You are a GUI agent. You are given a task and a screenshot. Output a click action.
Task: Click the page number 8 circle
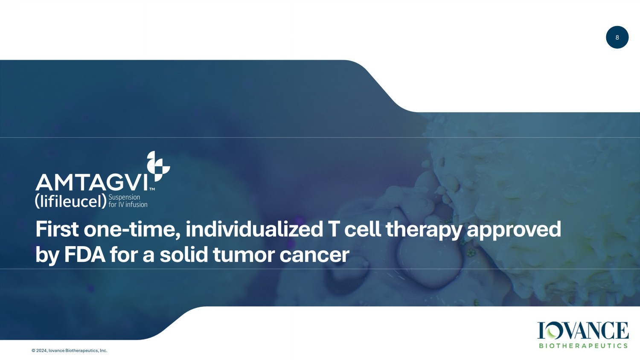tap(617, 38)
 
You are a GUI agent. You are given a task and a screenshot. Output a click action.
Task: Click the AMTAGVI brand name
tap(92, 183)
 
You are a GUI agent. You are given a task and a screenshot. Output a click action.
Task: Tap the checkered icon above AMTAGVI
tap(158, 166)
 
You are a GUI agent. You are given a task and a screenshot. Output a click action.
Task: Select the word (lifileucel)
tap(71, 201)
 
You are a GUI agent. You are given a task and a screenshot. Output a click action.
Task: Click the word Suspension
tap(124, 197)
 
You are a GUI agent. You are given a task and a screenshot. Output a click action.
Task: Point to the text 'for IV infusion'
tap(128, 205)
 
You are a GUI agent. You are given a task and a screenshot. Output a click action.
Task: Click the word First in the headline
tap(57, 229)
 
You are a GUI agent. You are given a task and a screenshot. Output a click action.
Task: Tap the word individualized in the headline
tap(254, 229)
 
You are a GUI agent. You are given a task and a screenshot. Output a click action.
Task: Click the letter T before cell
tap(333, 229)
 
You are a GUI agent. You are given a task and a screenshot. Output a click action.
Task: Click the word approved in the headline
tap(514, 231)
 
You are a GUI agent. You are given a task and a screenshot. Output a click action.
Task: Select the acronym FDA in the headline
tap(85, 255)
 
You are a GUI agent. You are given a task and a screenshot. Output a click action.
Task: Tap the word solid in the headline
tap(183, 254)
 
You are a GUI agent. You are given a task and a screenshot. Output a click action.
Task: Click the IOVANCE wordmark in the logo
tap(583, 331)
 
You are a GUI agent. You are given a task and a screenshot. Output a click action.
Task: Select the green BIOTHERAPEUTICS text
tap(583, 346)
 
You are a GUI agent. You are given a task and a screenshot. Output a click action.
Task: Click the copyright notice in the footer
tap(70, 351)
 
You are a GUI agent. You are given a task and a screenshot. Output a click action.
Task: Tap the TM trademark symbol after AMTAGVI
tap(152, 189)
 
